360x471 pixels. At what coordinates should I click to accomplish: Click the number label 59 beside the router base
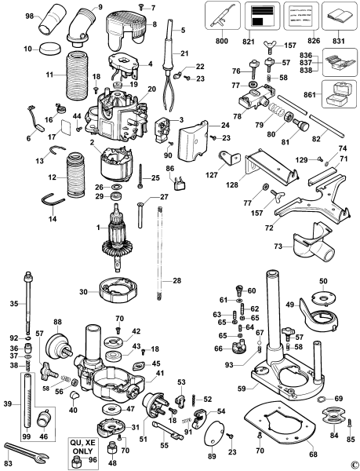click(x=223, y=386)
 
